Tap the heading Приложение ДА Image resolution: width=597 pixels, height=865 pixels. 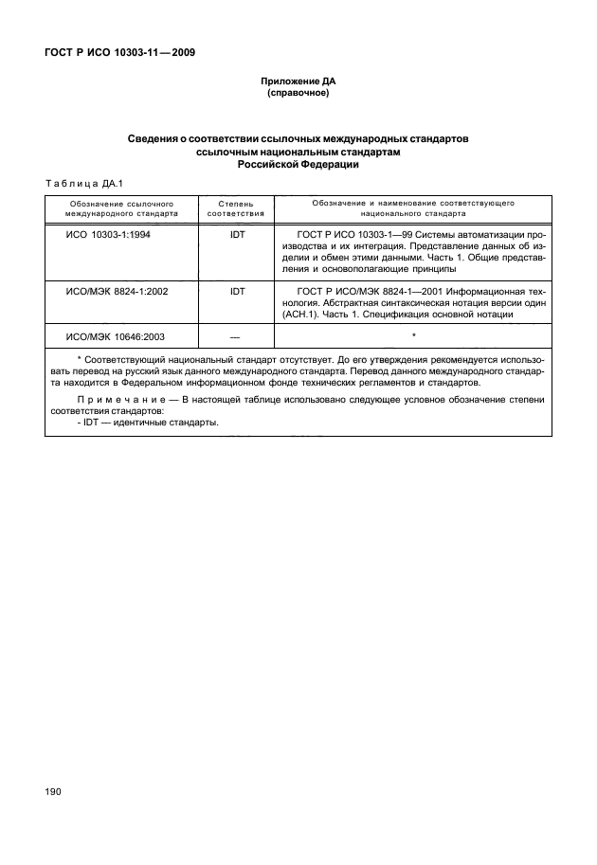(x=298, y=83)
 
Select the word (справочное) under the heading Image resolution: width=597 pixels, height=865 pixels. (x=298, y=95)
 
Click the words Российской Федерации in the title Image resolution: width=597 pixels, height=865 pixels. (x=298, y=164)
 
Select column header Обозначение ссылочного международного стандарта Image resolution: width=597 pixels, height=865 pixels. (x=120, y=208)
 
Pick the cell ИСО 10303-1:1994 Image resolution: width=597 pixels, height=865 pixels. (x=109, y=234)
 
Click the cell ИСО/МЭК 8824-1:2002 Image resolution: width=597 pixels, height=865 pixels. (x=117, y=292)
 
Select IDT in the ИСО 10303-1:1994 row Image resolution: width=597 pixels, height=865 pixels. (x=236, y=234)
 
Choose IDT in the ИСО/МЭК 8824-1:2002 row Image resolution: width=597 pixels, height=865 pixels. (x=236, y=292)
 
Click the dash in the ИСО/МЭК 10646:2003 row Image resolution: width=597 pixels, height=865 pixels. (x=236, y=336)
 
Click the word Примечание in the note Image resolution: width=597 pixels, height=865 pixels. (x=114, y=400)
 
